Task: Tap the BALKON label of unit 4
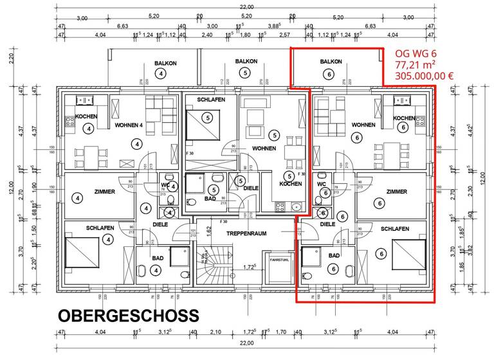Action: coord(160,63)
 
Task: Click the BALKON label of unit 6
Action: coord(330,62)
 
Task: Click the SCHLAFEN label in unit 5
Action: coord(210,100)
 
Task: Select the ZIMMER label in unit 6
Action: coord(396,192)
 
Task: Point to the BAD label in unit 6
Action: coord(334,256)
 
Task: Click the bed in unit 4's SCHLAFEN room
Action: coord(82,254)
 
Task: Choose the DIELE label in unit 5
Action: coord(251,188)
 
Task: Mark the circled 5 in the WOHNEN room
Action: coord(275,135)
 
